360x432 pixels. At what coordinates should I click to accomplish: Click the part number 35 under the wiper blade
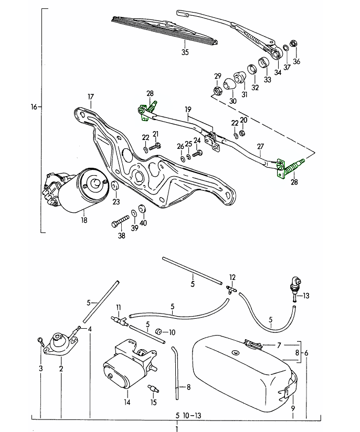pyautogui.click(x=184, y=52)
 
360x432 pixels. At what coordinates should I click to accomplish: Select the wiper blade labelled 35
pyautogui.click(x=165, y=30)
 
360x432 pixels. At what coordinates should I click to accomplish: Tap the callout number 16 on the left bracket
pyautogui.click(x=34, y=107)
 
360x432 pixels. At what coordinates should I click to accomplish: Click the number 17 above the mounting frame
pyautogui.click(x=91, y=96)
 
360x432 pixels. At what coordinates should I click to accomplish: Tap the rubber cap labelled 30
pyautogui.click(x=229, y=83)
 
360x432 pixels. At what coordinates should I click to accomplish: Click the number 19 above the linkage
pyautogui.click(x=187, y=109)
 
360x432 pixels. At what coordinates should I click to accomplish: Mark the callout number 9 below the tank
pyautogui.click(x=293, y=408)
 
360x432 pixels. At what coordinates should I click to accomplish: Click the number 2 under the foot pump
pyautogui.click(x=61, y=369)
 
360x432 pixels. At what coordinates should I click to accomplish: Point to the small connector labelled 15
pyautogui.click(x=152, y=390)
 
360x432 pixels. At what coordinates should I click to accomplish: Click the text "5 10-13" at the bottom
pyautogui.click(x=183, y=416)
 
